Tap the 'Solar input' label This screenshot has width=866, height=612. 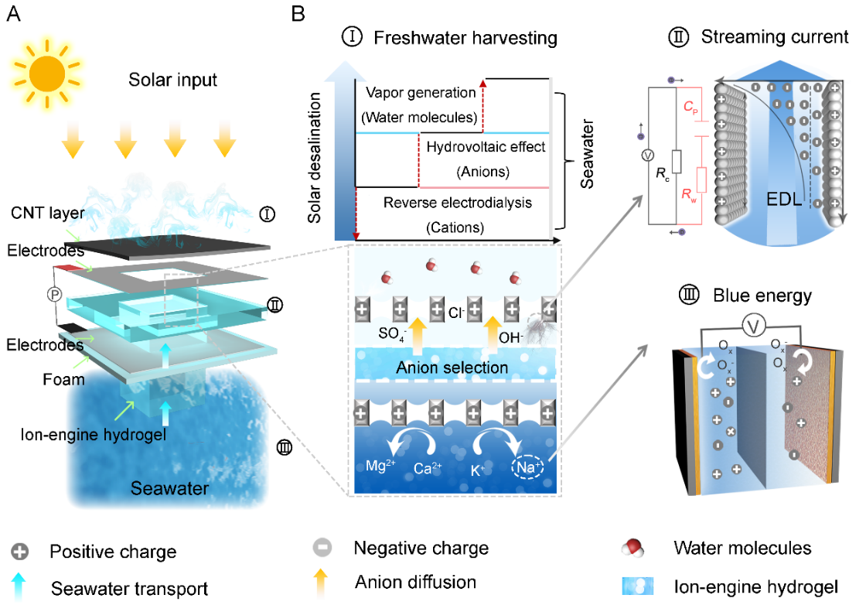(173, 80)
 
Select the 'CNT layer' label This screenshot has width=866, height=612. (48, 212)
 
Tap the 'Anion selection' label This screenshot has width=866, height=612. (452, 368)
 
